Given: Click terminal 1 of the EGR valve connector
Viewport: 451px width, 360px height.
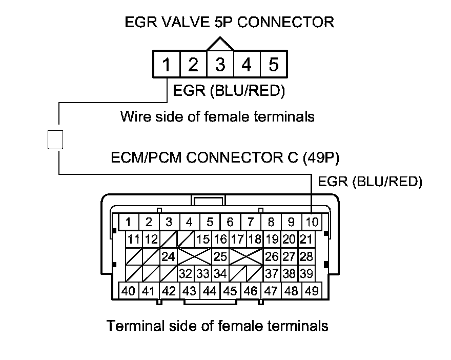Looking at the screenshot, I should click(x=166, y=65).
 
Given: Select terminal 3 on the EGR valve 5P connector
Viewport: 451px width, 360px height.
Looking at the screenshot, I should click(x=220, y=65).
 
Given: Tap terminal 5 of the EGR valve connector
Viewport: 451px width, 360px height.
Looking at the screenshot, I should click(x=273, y=65).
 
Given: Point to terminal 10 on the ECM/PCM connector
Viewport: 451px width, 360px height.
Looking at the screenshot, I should click(x=312, y=222).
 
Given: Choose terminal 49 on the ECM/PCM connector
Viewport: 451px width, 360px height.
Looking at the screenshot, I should click(x=311, y=291).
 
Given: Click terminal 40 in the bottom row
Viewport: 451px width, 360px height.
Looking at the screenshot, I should click(x=129, y=291).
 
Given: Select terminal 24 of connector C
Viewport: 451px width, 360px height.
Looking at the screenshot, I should click(x=169, y=256).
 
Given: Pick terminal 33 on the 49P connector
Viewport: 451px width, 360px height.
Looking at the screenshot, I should click(x=203, y=273).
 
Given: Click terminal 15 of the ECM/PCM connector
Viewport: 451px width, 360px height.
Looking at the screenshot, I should click(x=203, y=239).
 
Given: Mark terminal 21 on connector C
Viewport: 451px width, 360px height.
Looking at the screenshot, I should click(x=306, y=239).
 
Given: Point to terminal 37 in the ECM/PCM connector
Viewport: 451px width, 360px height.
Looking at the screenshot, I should click(x=272, y=273).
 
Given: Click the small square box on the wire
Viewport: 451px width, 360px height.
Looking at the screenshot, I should click(x=55, y=139).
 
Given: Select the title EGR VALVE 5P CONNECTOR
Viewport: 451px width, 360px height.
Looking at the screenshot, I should click(x=230, y=22).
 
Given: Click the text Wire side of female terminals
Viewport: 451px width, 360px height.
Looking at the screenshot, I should click(x=217, y=116).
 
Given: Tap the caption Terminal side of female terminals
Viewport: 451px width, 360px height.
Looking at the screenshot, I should click(x=217, y=326).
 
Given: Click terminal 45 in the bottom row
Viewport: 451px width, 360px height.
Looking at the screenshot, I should click(x=230, y=291).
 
